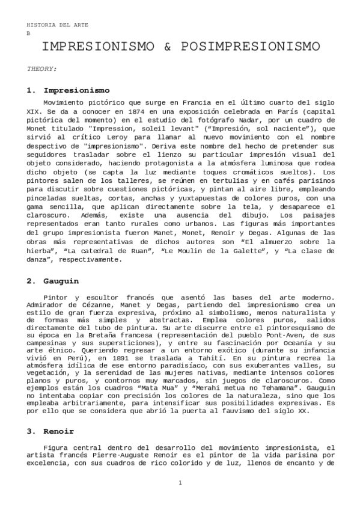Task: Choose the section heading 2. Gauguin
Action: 61,280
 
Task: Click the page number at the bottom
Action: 180,483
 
